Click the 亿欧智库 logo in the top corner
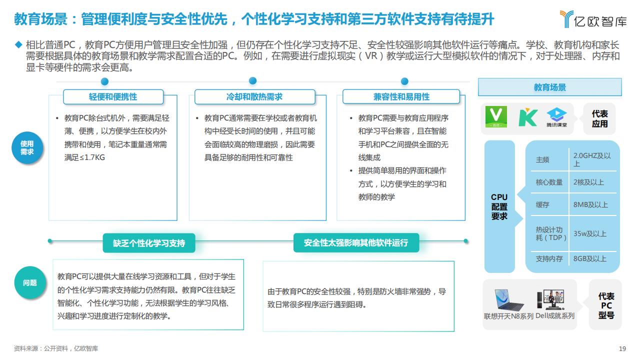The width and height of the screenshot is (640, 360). pyautogui.click(x=593, y=19)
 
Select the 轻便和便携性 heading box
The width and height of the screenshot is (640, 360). pyautogui.click(x=113, y=97)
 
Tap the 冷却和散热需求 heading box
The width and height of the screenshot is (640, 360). pyautogui.click(x=254, y=97)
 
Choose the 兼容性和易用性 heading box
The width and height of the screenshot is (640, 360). pyautogui.click(x=401, y=97)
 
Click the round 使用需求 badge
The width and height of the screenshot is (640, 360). pyautogui.click(x=27, y=147)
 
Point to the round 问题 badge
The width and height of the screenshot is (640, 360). pyautogui.click(x=30, y=282)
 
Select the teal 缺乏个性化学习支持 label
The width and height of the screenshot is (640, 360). pyautogui.click(x=149, y=243)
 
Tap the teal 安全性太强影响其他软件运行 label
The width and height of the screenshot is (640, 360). pyautogui.click(x=356, y=243)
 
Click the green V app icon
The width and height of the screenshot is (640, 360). pyautogui.click(x=496, y=117)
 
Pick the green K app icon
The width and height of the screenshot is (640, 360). pyautogui.click(x=527, y=117)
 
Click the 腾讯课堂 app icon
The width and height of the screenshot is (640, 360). pyautogui.click(x=557, y=117)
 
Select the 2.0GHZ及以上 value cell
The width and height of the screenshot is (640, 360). pyautogui.click(x=592, y=159)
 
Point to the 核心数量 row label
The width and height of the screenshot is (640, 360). pyautogui.click(x=549, y=182)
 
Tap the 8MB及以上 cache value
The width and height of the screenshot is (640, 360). pyautogui.click(x=590, y=204)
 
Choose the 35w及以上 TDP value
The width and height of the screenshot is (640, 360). pyautogui.click(x=589, y=233)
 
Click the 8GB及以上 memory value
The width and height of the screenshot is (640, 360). pyautogui.click(x=589, y=259)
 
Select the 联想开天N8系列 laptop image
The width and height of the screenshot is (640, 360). pyautogui.click(x=508, y=299)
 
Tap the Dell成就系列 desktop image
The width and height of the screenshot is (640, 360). pyautogui.click(x=551, y=299)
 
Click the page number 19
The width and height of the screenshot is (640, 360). pyautogui.click(x=622, y=349)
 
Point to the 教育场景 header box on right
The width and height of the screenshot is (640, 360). pyautogui.click(x=549, y=87)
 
